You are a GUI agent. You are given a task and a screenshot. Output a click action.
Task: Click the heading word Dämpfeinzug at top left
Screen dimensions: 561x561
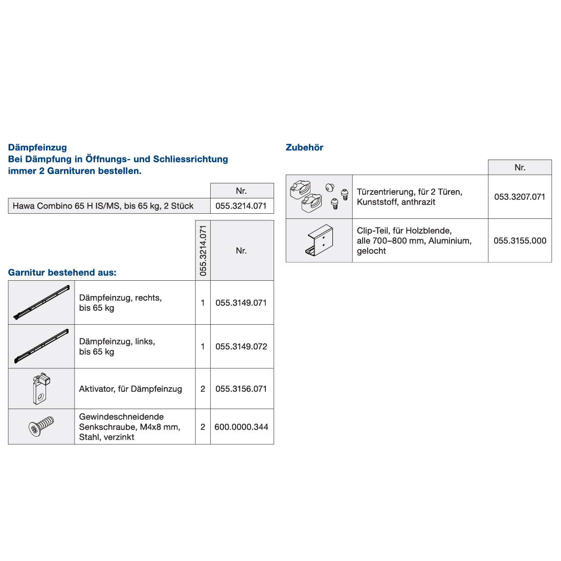pos(37,147)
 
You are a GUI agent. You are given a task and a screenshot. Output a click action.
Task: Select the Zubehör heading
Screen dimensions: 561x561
pos(304,147)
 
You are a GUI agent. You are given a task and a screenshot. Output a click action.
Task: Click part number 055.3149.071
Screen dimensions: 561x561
pos(241,303)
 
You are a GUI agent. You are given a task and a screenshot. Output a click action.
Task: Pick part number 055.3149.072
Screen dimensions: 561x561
pos(241,347)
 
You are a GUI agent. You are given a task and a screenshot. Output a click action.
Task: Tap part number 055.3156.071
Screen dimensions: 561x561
pos(241,389)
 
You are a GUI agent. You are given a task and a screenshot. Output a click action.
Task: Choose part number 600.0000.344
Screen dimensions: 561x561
pos(241,427)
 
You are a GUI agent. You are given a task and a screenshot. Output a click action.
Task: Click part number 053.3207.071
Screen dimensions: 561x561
pos(520,197)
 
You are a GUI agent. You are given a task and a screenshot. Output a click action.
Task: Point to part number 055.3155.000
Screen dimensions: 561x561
pos(520,241)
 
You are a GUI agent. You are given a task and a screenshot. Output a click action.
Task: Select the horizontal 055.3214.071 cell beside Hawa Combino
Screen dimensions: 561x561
pos(241,206)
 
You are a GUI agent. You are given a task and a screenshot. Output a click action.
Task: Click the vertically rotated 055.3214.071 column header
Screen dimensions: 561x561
pos(203,251)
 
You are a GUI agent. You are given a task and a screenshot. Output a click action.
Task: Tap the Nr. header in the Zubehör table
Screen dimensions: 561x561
pos(520,168)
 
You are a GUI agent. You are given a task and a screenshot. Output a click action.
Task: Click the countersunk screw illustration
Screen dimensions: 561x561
pos(41,427)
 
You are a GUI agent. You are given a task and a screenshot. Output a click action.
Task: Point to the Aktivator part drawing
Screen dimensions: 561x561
pos(41,388)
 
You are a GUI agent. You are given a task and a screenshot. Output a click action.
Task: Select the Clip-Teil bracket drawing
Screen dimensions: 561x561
pos(320,241)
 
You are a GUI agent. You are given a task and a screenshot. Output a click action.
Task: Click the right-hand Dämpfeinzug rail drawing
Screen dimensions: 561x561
pos(41,303)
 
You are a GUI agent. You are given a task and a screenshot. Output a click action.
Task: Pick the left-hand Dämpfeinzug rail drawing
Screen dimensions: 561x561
pos(41,346)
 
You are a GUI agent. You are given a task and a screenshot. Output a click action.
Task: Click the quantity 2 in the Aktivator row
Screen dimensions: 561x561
pos(203,389)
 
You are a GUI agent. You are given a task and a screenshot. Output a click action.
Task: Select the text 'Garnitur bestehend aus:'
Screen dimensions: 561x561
pos(62,273)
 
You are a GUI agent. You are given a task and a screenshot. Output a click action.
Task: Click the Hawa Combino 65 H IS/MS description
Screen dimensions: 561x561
pos(103,206)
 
